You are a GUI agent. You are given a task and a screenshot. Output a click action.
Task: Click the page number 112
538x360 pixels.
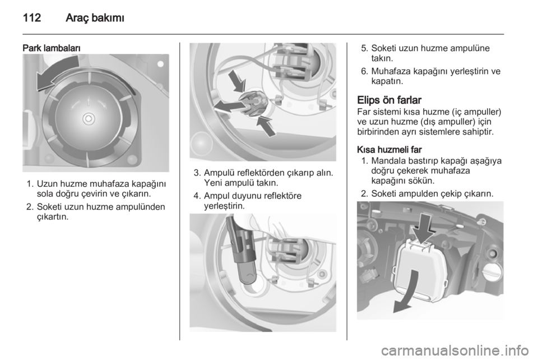tap(32, 17)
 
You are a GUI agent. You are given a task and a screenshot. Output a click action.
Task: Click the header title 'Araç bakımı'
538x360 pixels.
tap(95, 17)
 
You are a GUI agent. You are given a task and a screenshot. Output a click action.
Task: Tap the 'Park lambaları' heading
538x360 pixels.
tap(52, 48)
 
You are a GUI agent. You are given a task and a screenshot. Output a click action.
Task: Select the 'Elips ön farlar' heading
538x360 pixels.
tap(389, 100)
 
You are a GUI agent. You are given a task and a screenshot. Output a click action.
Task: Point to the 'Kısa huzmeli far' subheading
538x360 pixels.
tap(389, 150)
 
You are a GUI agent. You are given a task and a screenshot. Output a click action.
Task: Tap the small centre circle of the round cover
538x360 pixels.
tap(89, 119)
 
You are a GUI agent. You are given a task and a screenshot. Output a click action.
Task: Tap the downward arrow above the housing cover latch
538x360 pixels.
tap(424, 228)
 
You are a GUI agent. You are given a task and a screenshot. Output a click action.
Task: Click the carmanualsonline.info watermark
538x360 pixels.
tap(454, 350)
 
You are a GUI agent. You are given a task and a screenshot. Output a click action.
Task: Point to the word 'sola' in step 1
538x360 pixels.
tap(45, 194)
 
